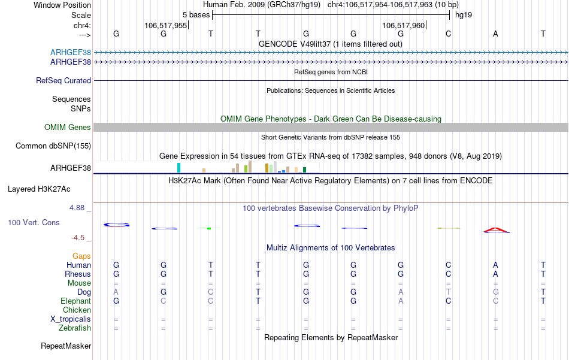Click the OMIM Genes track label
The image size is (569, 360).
pos(68,127)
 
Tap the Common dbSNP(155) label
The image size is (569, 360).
pos(53,146)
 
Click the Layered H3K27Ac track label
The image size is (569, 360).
pos(39,189)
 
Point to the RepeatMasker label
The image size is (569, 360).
pos(66,346)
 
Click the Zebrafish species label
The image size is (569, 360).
pos(75,328)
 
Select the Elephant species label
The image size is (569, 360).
pos(75,301)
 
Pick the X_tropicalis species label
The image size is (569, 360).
pos(71,319)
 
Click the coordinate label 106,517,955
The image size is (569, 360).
pos(166,26)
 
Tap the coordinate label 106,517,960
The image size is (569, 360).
pos(403,26)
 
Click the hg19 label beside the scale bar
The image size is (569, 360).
pos(464,14)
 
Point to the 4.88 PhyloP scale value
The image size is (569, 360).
pos(78,208)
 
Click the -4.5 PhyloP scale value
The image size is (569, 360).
pos(80,237)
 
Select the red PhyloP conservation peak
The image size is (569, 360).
pos(496,230)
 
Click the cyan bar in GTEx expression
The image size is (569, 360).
pos(179,168)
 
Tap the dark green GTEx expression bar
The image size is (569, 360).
pos(304,170)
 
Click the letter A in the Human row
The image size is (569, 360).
pos(495,265)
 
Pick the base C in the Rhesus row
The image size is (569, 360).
pos(448,274)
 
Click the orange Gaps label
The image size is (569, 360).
pos(81,256)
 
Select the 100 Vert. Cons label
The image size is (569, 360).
pos(33,222)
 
